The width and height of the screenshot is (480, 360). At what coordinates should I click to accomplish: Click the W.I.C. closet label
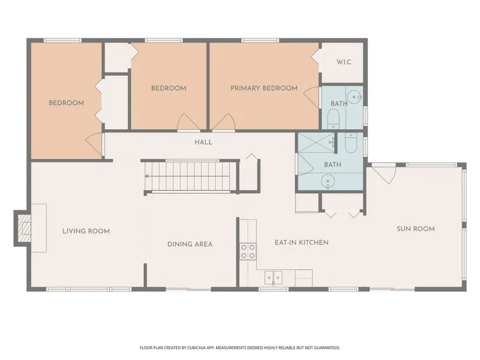[344, 62]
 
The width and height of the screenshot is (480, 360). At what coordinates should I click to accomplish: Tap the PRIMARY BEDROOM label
[264, 88]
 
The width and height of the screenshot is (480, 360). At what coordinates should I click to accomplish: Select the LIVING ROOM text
[86, 231]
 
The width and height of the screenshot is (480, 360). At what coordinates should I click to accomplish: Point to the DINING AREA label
[190, 244]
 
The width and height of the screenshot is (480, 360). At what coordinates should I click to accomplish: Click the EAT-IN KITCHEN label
[301, 243]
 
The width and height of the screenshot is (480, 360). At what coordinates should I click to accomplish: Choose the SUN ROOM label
[416, 229]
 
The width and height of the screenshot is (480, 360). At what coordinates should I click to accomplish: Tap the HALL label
[204, 142]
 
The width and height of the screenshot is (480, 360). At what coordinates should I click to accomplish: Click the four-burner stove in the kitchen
[248, 251]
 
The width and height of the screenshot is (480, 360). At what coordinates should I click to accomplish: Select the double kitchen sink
[273, 278]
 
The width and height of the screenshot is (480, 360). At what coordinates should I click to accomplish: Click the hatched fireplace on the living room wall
[24, 228]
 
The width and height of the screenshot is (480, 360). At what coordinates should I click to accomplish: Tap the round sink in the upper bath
[354, 97]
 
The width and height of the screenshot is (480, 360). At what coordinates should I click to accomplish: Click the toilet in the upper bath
[333, 119]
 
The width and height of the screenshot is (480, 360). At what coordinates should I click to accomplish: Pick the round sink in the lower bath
[328, 181]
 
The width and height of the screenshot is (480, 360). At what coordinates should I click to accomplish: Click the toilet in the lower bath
[351, 142]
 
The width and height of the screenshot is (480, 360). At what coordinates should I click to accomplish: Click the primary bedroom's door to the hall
[224, 122]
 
